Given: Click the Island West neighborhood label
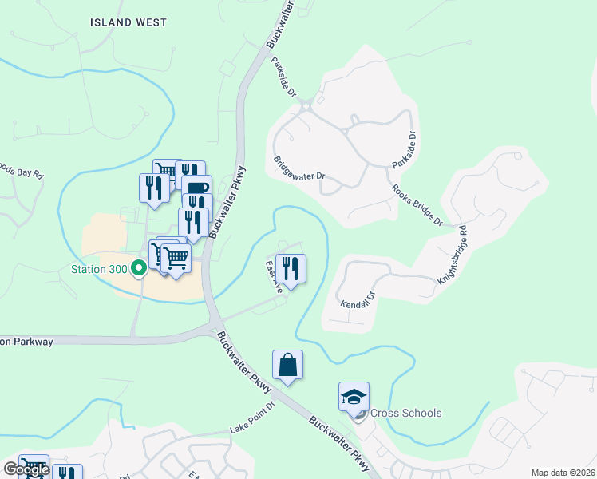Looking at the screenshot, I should click(x=128, y=22).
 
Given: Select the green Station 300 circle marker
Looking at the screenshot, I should click(x=138, y=269).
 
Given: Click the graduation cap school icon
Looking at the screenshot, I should click(x=354, y=395).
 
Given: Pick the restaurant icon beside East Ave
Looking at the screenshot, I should click(x=291, y=268).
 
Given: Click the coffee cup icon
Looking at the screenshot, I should click(x=196, y=188).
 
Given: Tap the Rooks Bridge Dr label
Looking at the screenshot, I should click(x=417, y=206).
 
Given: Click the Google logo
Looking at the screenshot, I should click(x=26, y=469).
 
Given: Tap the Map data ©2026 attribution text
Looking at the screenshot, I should click(x=563, y=473).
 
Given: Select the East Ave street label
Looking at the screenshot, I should click(x=274, y=276).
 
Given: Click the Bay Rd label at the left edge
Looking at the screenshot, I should click(x=22, y=172).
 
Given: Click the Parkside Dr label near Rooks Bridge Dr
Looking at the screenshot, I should click(x=405, y=148).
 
